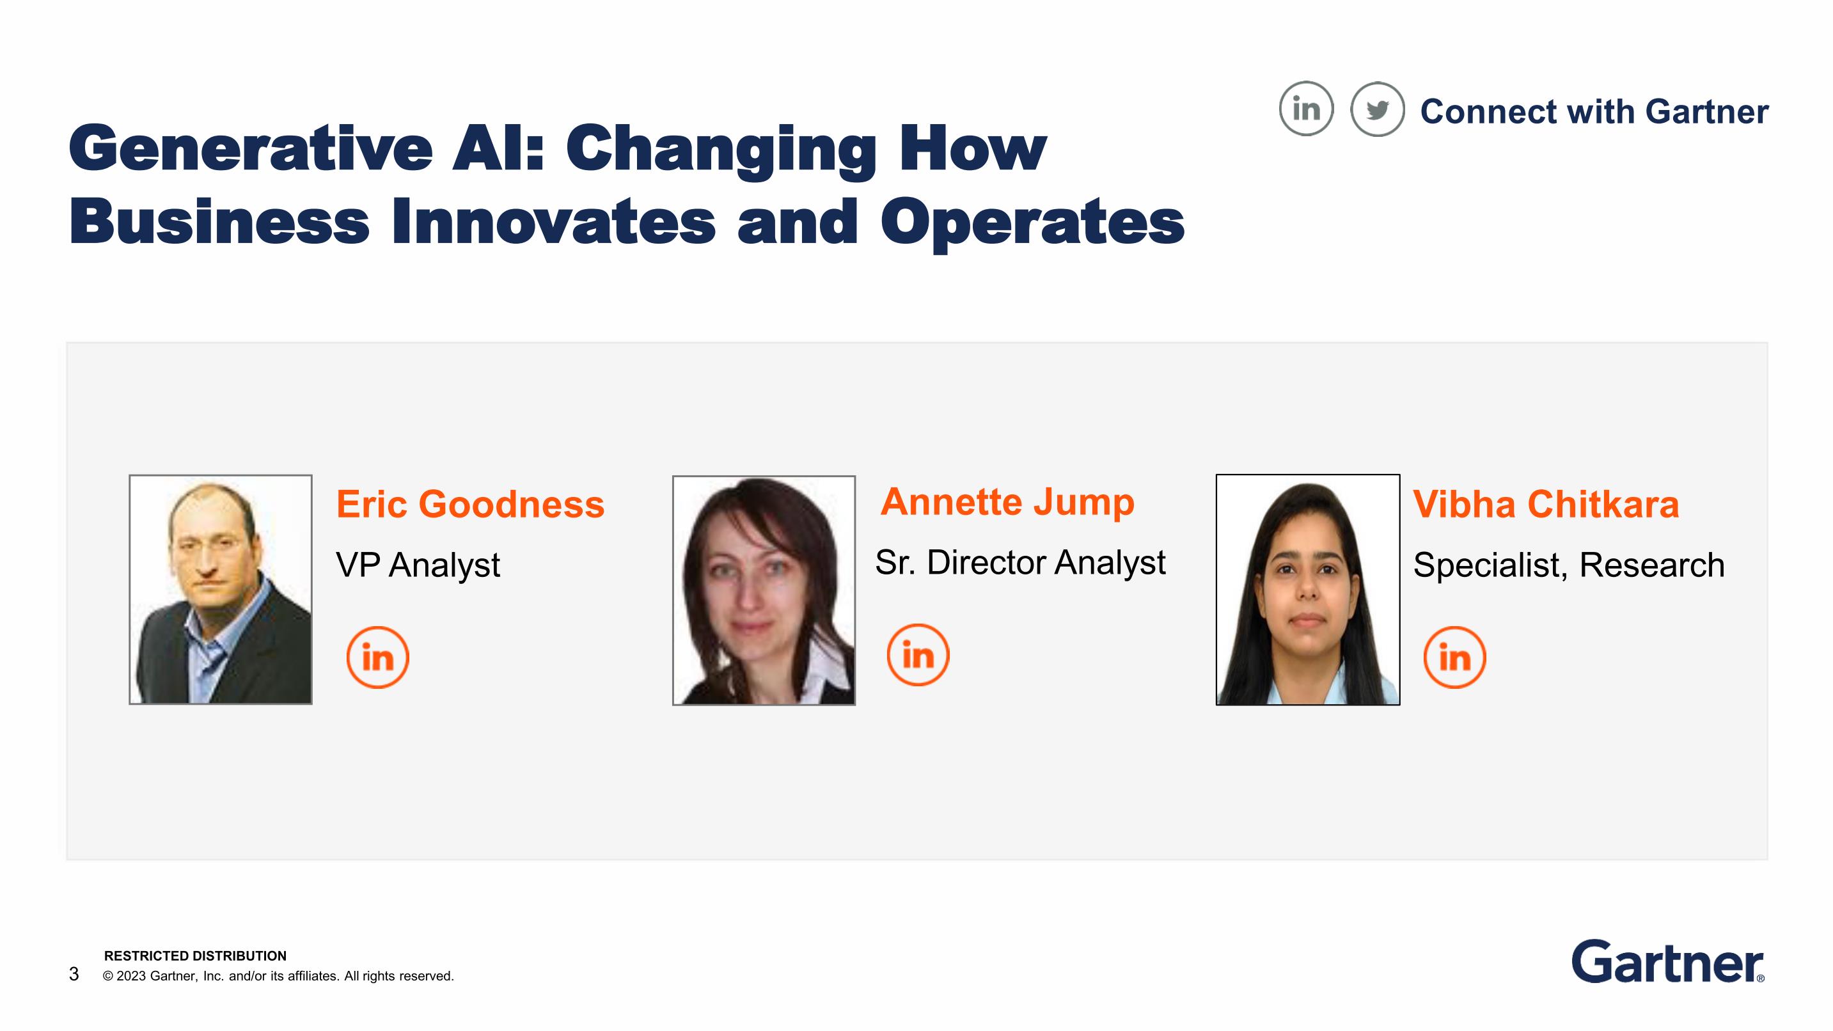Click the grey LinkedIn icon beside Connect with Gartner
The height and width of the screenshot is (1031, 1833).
pos(1306,109)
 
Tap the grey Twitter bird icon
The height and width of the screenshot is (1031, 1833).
pos(1378,109)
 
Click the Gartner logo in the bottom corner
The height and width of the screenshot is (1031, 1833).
pos(1668,961)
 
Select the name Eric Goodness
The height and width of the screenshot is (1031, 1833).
pos(470,505)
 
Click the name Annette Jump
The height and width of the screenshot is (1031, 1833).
pos(1007,502)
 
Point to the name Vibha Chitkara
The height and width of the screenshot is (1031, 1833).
pos(1546,505)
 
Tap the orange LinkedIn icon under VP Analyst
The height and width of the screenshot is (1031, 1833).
pos(378,657)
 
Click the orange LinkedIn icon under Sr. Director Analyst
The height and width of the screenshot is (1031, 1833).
pos(918,654)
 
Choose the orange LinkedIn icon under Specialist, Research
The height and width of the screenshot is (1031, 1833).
pos(1454,657)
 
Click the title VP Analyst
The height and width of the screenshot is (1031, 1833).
pos(418,565)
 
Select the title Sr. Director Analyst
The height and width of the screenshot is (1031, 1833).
pos(1020,562)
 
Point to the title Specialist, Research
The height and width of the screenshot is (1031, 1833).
pos(1569,565)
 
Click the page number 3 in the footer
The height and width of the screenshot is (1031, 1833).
pos(74,974)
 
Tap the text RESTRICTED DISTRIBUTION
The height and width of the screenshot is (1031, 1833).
pos(196,956)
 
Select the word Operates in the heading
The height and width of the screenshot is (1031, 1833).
pos(1032,222)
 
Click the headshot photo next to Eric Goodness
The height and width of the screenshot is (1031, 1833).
pos(221,589)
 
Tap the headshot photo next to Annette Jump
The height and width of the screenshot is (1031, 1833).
pos(764,590)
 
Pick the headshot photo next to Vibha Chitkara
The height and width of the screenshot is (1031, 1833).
pos(1308,590)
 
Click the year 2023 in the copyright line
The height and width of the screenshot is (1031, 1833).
pos(131,976)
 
